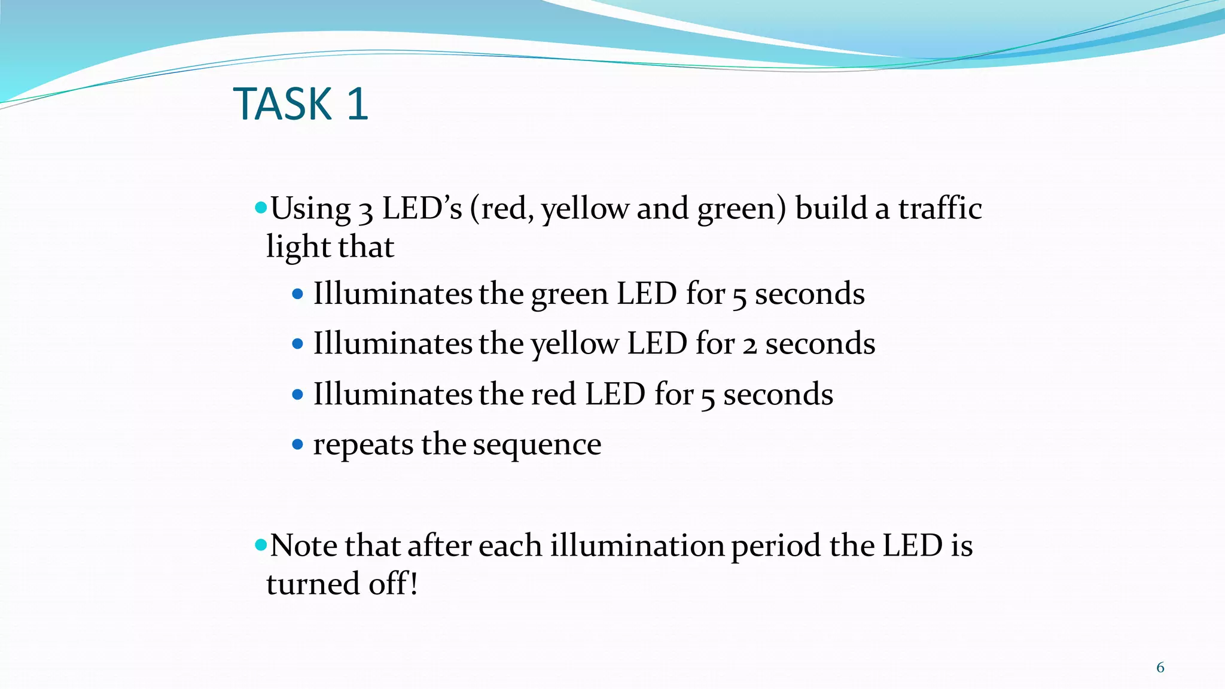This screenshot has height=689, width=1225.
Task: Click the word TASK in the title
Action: click(282, 104)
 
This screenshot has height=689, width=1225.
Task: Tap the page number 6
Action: click(1160, 667)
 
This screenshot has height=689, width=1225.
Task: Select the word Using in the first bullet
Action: click(310, 209)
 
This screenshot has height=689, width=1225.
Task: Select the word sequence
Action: click(537, 445)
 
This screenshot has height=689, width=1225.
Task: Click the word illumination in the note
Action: click(637, 545)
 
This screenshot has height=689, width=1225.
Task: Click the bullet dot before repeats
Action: click(298, 444)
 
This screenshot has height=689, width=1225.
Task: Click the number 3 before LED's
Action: click(365, 211)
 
